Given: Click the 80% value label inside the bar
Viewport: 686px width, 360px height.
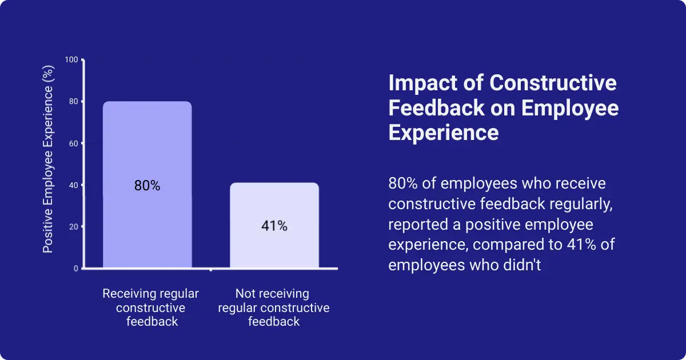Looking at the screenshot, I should coord(147,186).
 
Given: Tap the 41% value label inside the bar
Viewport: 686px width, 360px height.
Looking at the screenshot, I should coord(274,226).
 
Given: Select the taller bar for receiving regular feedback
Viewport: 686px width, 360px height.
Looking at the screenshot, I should coord(147,143).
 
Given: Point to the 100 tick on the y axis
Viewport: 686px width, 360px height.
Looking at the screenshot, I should coord(71,60).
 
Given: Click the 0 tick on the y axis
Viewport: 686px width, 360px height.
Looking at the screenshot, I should coord(76,269).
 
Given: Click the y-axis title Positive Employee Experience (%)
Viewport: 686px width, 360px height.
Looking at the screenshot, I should coord(49,160).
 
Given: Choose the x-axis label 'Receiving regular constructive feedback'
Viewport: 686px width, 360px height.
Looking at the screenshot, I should coord(150,307).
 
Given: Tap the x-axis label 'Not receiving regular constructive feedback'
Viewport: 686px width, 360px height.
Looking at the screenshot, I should coord(273,307).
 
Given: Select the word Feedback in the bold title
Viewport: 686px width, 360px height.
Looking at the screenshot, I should coord(435,108).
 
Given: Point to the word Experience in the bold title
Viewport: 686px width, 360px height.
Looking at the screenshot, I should coord(444,133).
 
